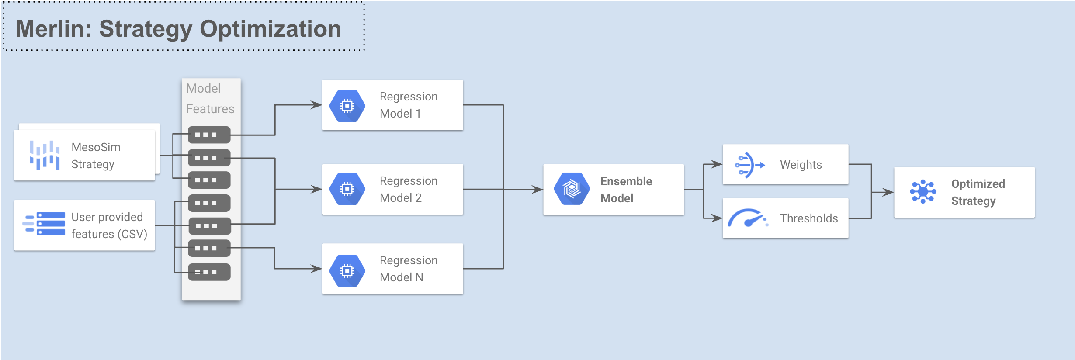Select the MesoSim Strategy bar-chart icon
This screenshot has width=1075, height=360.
pos(45,155)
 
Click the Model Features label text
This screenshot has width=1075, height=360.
pos(210,98)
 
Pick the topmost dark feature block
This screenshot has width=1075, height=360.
pos(209,135)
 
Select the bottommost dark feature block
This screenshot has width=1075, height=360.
pos(209,272)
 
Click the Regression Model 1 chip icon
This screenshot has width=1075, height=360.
pos(347,106)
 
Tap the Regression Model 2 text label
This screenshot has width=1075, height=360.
pos(408,189)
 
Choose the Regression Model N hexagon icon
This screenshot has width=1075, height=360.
pos(347,271)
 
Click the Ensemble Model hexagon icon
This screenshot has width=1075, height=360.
pos(572,189)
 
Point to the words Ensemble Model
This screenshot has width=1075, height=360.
pos(626,190)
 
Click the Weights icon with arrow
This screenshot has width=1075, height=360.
pos(749,165)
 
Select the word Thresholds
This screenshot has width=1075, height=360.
pos(809,218)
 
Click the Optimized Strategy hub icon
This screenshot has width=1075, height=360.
pos(922,192)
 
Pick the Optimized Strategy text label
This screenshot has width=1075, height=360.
pos(978,192)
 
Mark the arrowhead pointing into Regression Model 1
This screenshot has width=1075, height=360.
pos(317,105)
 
